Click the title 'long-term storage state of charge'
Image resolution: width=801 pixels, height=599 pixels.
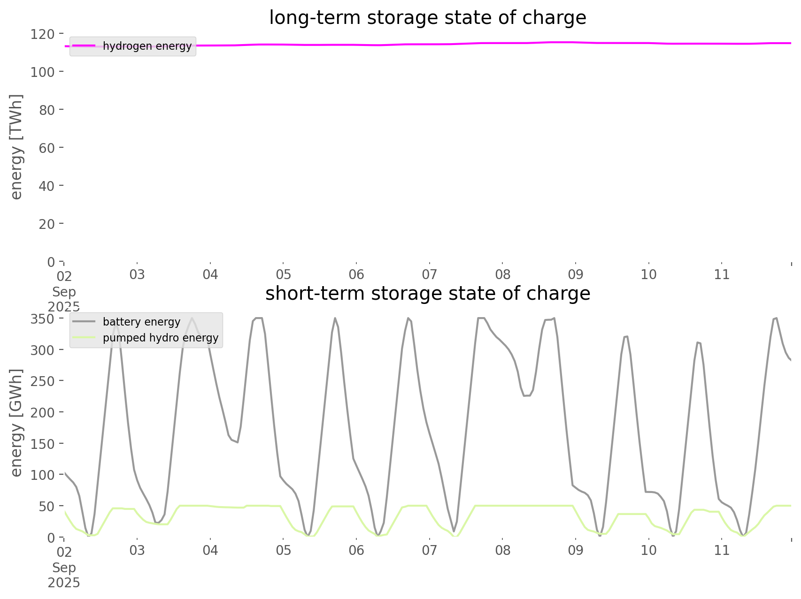427,18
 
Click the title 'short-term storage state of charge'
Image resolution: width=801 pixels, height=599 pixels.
427,294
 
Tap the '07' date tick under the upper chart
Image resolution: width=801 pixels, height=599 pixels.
429,275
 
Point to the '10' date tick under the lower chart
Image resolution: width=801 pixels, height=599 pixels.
648,551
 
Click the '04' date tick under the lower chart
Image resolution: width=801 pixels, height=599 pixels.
210,551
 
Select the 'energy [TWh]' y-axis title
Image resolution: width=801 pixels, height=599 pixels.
16,147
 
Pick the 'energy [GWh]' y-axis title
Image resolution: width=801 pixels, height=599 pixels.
16,423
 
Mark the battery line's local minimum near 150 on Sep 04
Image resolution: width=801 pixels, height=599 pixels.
238,442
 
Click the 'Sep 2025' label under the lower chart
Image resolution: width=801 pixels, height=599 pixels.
64,575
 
